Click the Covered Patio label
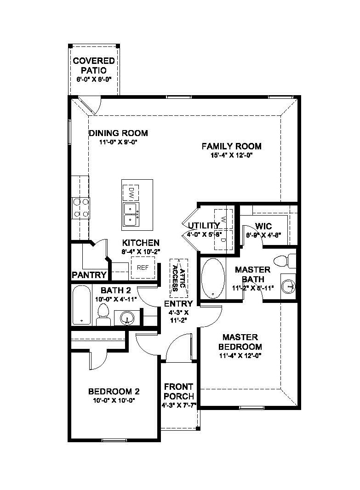(94, 65)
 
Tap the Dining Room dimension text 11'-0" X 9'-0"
(119, 142)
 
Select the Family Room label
(232, 146)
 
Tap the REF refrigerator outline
(143, 268)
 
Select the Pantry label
(89, 275)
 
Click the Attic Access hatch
(179, 278)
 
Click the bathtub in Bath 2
(81, 305)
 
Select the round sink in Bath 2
(126, 318)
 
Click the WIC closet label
(263, 226)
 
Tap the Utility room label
(204, 225)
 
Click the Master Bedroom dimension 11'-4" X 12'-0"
(240, 355)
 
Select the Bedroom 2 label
(114, 391)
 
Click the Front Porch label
(179, 391)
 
